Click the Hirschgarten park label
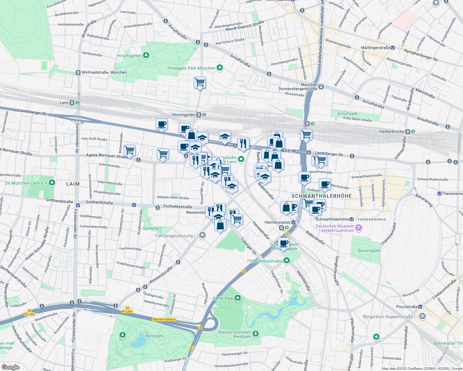[129, 56]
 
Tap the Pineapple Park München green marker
[220, 68]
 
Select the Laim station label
[64, 103]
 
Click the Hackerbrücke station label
[392, 131]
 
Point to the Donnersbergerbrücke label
[298, 89]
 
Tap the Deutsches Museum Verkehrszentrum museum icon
[359, 228]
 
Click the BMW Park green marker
[238, 298]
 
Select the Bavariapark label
[369, 250]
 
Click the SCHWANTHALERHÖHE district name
[322, 196]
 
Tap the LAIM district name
[73, 184]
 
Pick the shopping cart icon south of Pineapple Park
[200, 83]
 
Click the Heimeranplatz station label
[278, 222]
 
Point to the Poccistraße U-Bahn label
[407, 307]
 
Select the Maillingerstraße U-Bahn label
[375, 48]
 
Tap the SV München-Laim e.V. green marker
[52, 183]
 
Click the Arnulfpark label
[347, 113]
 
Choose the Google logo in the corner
[10, 367]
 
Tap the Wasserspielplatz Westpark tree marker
[255, 334]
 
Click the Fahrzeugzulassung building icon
[202, 236]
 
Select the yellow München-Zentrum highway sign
[164, 319]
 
